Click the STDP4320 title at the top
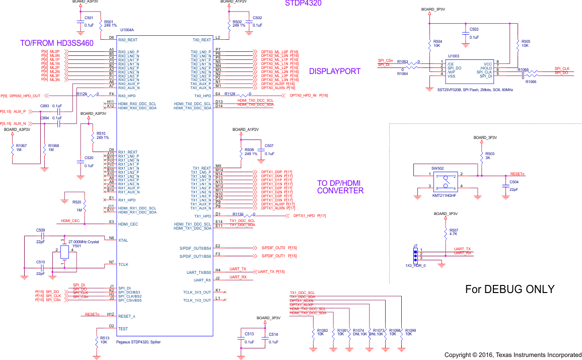(x=303, y=4)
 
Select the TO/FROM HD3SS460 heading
(x=57, y=43)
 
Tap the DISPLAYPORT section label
(x=335, y=71)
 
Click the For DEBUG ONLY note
(x=510, y=290)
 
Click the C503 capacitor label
(x=474, y=29)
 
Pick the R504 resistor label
(x=438, y=41)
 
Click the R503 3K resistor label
(x=490, y=153)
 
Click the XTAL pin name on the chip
(x=123, y=240)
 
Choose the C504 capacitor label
(x=514, y=182)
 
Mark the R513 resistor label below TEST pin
(x=105, y=338)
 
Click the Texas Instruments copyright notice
(x=513, y=355)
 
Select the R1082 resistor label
(x=322, y=330)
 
